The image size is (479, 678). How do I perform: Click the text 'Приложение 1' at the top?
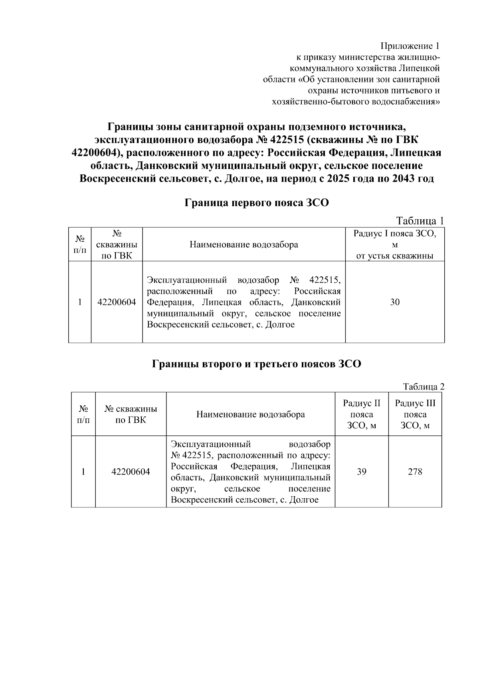[x=410, y=46]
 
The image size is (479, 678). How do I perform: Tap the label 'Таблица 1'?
[x=420, y=221]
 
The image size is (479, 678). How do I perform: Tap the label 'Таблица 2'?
[x=424, y=386]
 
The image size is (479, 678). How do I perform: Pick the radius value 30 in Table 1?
[x=395, y=302]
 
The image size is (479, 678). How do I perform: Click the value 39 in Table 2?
[x=362, y=471]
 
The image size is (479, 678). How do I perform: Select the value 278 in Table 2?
[x=415, y=471]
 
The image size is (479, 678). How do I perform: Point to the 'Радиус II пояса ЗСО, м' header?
[x=362, y=414]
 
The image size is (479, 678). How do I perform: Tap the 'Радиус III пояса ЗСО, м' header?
[x=415, y=414]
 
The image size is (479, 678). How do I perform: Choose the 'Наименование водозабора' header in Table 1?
[x=243, y=245]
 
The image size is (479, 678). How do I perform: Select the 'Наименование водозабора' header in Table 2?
[x=250, y=414]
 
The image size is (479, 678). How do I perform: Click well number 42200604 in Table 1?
[x=117, y=302]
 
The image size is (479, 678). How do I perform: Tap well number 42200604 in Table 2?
[x=131, y=471]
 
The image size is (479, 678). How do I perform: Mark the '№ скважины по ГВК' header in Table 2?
[x=131, y=414]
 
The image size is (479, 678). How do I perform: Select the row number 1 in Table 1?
[x=80, y=302]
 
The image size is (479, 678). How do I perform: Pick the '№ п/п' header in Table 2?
[x=83, y=414]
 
